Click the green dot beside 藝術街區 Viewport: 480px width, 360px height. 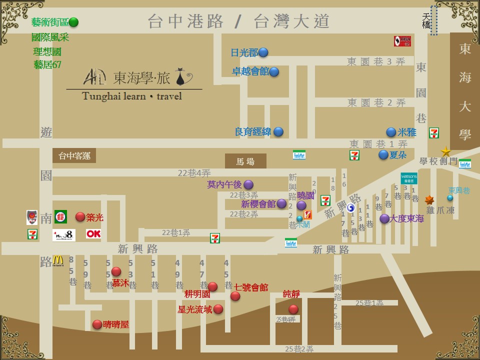[73, 22]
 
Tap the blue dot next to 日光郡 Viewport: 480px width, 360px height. [263, 52]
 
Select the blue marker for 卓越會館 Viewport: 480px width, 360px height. [273, 71]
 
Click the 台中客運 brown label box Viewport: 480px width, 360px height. [74, 155]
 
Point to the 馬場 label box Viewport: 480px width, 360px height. [245, 161]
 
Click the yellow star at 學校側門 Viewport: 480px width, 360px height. [445, 151]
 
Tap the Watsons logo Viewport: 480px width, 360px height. [408, 177]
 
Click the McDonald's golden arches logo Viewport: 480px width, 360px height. [58, 260]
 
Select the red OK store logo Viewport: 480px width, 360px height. [93, 233]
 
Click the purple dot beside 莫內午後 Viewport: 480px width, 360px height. [248, 184]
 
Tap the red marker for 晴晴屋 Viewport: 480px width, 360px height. [97, 324]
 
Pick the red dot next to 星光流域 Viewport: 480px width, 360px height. [218, 309]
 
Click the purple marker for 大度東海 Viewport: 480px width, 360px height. [384, 218]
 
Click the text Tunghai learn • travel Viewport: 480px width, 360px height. [132, 96]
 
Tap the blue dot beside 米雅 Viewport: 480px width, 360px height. [391, 132]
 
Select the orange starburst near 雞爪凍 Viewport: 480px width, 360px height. [429, 200]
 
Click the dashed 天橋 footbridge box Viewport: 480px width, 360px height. [434, 20]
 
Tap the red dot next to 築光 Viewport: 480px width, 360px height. [80, 216]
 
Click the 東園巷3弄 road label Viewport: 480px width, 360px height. [376, 61]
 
